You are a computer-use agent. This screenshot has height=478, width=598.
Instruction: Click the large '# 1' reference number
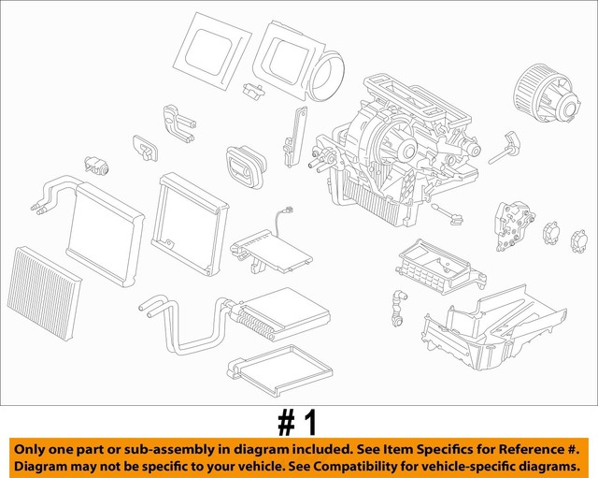(298, 422)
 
